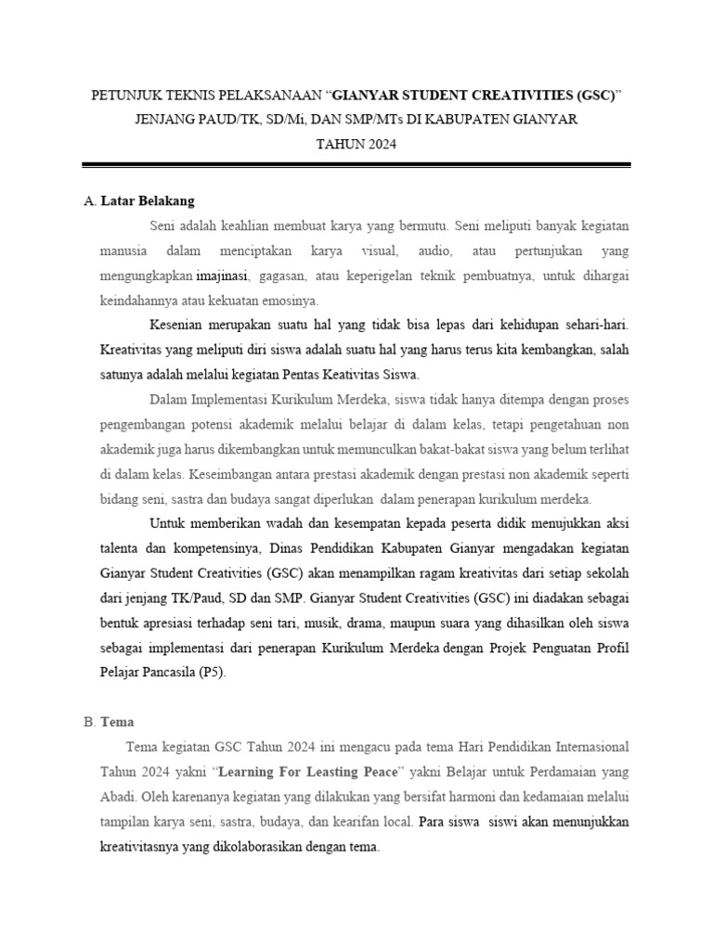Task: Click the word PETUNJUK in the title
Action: tap(124, 96)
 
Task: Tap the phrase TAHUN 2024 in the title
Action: tap(356, 144)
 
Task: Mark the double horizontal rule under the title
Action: tap(356, 166)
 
